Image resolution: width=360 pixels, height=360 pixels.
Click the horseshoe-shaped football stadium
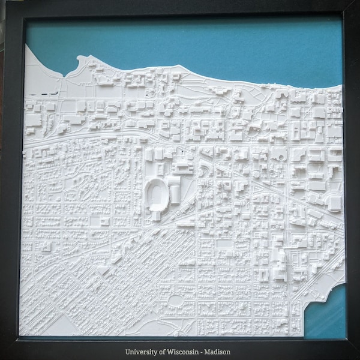pyautogui.click(x=156, y=193)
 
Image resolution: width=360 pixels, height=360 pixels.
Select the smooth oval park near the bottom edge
pyautogui.click(x=176, y=301)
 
